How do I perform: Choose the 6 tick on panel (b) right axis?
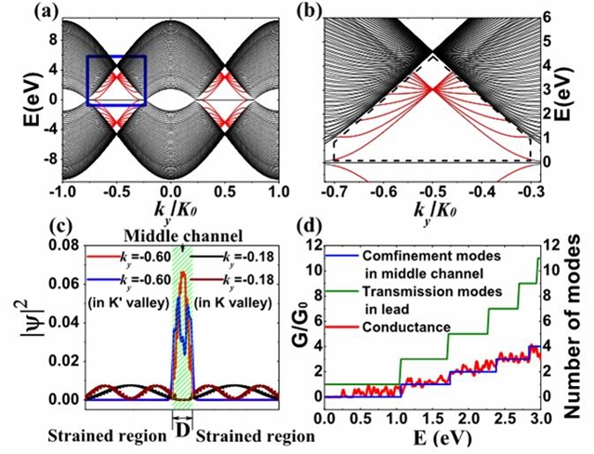pos(549,17)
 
